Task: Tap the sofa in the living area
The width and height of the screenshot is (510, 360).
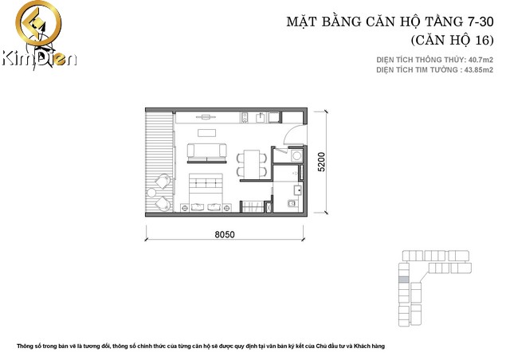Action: pyautogui.click(x=206, y=151)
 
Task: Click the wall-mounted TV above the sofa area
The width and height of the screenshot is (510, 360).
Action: pyautogui.click(x=206, y=116)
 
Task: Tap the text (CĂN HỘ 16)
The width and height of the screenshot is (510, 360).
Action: pyautogui.click(x=451, y=39)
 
